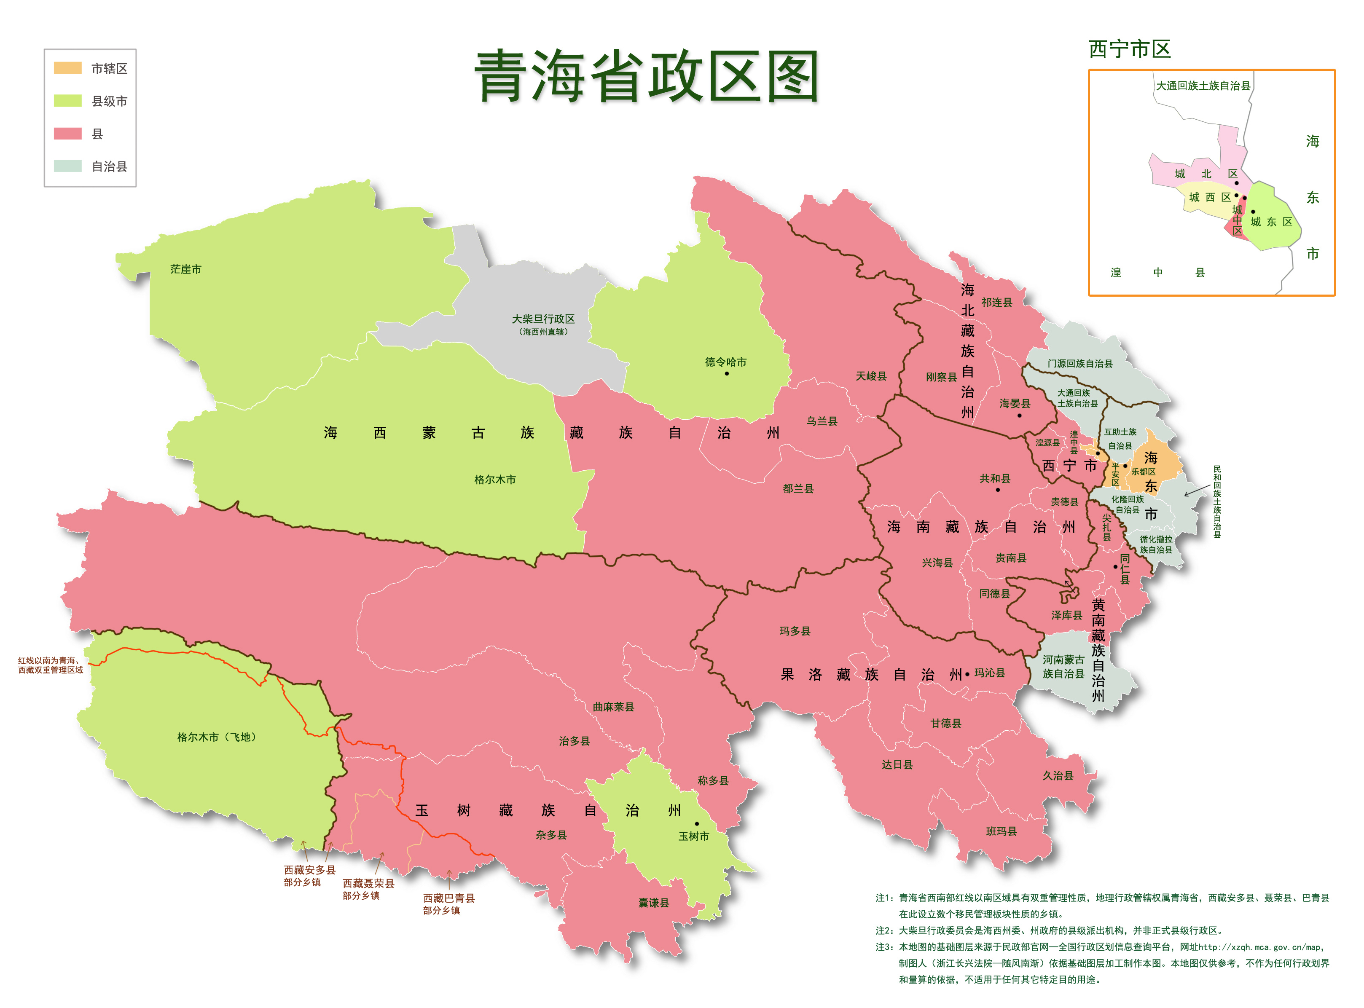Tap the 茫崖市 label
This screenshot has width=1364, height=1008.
click(185, 269)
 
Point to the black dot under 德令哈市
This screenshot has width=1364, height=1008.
click(726, 373)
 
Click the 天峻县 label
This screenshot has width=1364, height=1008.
click(871, 376)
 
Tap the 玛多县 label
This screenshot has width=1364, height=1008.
click(795, 631)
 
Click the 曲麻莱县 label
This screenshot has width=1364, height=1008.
click(613, 707)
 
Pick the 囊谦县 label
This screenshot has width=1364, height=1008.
click(654, 903)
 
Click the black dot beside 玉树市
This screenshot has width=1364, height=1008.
click(697, 824)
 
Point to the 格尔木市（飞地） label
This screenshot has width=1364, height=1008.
click(217, 737)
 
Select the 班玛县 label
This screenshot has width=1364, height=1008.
click(1001, 832)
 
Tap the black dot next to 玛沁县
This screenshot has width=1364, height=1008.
click(967, 674)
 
